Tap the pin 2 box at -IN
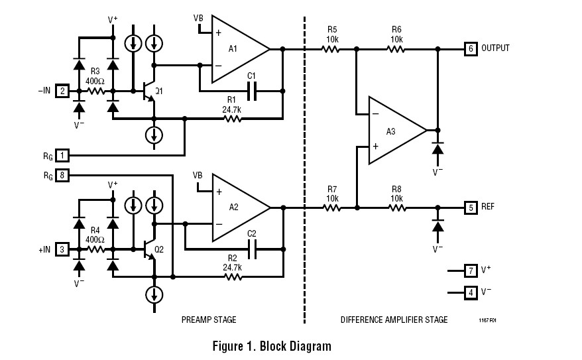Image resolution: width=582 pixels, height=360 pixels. [x=62, y=91]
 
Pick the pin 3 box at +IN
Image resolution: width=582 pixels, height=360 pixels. [x=62, y=249]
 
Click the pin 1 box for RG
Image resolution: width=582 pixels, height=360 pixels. [x=62, y=155]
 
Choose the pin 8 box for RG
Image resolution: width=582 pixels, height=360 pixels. [x=62, y=175]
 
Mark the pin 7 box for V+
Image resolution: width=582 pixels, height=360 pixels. [x=471, y=270]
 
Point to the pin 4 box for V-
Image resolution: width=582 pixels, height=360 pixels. [x=471, y=292]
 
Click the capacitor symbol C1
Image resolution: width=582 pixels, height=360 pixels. [x=251, y=91]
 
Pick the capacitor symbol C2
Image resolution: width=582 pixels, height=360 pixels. [x=251, y=249]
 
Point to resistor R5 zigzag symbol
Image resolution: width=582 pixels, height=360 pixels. [x=332, y=49]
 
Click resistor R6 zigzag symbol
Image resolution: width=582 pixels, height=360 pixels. [x=396, y=49]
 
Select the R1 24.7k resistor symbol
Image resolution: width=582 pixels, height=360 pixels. [x=231, y=119]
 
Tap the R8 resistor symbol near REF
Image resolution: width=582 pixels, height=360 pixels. [x=396, y=208]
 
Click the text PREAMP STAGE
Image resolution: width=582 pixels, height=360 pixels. [x=209, y=320]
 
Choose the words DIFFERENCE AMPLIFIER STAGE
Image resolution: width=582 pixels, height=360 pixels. [x=394, y=320]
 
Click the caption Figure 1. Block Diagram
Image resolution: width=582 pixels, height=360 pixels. [x=271, y=346]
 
